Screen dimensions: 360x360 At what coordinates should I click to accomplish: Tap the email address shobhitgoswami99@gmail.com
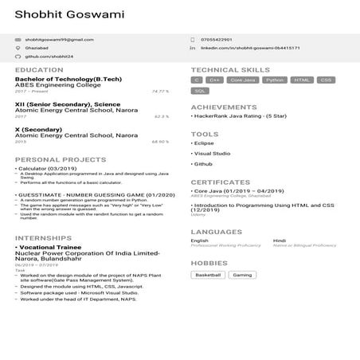59,39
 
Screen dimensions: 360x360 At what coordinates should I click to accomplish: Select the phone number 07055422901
216,39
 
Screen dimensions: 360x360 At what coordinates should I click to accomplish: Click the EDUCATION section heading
39,70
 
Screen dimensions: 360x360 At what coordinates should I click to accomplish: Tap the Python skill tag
275,80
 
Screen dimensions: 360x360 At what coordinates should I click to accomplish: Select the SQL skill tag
200,92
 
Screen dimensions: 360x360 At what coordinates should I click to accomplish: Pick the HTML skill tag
301,80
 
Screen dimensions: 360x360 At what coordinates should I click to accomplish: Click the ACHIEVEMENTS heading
223,106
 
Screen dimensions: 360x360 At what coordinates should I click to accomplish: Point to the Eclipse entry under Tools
204,143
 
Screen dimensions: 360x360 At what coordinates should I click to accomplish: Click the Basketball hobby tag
208,275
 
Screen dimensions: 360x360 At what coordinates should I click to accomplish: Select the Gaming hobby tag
242,275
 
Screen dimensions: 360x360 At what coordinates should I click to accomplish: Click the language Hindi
280,240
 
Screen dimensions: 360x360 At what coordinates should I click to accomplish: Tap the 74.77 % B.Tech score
160,92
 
